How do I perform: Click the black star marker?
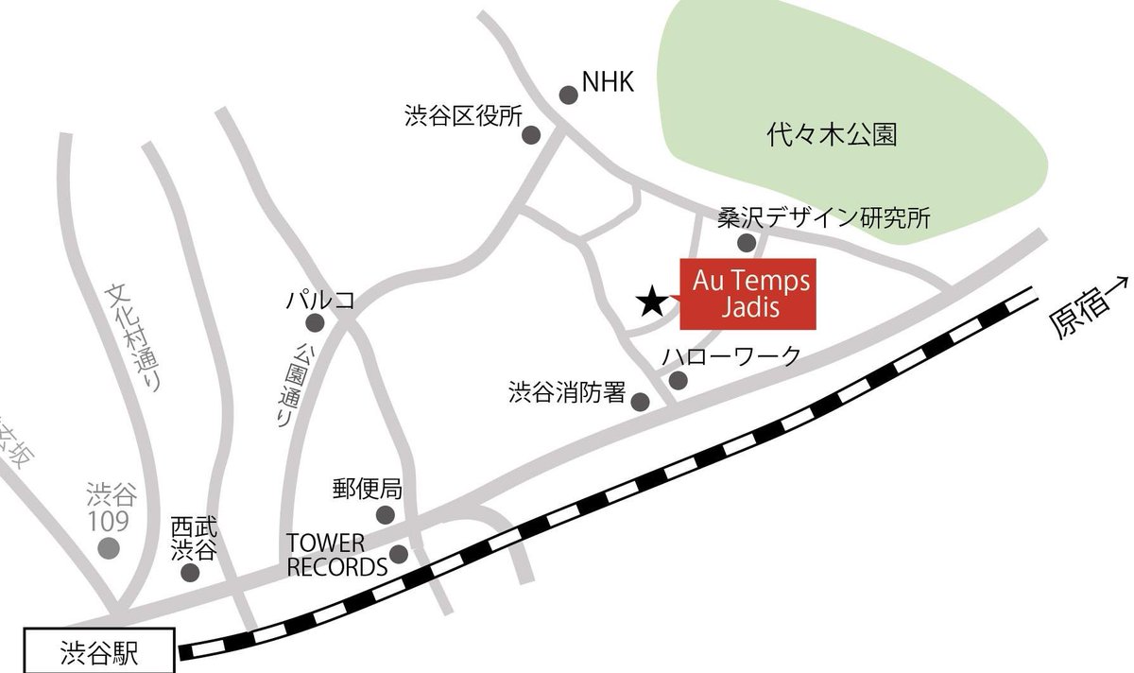point(650,302)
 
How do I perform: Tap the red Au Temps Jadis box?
point(747,294)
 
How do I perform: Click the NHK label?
point(607,84)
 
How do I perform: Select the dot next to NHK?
point(569,95)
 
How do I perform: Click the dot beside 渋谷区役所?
point(531,135)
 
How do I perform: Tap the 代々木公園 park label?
point(832,136)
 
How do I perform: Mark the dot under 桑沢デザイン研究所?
point(747,244)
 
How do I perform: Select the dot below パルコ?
point(316,323)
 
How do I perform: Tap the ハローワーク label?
point(731,356)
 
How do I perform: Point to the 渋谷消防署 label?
point(567,390)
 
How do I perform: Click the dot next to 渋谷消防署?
point(640,402)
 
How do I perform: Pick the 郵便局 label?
point(368,490)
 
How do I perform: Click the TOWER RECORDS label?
point(337,555)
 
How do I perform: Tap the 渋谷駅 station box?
point(99,652)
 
